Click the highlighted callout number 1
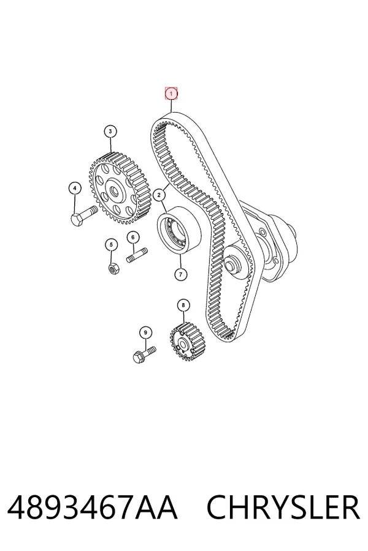pyautogui.click(x=172, y=94)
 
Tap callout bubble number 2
pyautogui.click(x=159, y=195)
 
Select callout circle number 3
pyautogui.click(x=110, y=132)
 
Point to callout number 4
pyautogui.click(x=75, y=189)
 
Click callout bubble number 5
pyautogui.click(x=111, y=244)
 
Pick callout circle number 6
pyautogui.click(x=132, y=238)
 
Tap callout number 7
pyautogui.click(x=181, y=274)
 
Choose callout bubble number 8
pyautogui.click(x=183, y=305)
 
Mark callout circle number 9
pyautogui.click(x=145, y=333)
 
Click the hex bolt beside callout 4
pyautogui.click(x=84, y=216)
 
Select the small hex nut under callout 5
pyautogui.click(x=113, y=269)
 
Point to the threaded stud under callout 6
pyautogui.click(x=137, y=255)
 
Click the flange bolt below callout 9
pyautogui.click(x=144, y=354)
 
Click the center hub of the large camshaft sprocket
pyautogui.click(x=115, y=191)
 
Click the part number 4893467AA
pyautogui.click(x=92, y=507)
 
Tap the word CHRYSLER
pyautogui.click(x=283, y=507)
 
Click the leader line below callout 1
pyautogui.click(x=172, y=106)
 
